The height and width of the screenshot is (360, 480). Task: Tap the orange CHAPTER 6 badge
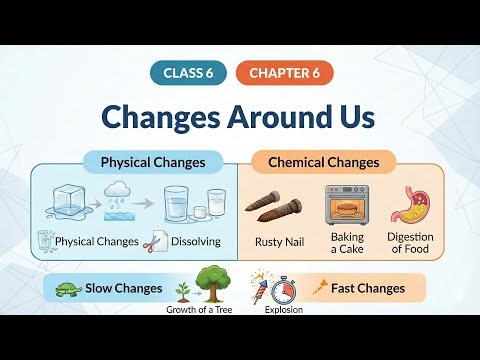click(x=285, y=73)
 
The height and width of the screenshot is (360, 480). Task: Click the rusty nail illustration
click(x=273, y=207)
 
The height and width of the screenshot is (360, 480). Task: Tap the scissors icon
click(x=157, y=241)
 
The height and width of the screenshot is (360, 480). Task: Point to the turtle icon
click(x=68, y=288)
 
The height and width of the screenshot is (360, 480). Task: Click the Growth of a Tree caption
click(x=205, y=309)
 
